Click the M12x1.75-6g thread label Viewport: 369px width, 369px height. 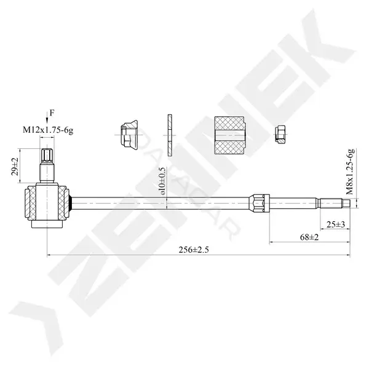click(x=48, y=130)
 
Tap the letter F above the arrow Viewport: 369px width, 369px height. click(x=52, y=113)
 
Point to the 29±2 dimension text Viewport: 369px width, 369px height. click(x=15, y=167)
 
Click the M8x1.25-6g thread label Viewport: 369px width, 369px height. click(x=350, y=172)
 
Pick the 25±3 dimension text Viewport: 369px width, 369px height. click(x=336, y=224)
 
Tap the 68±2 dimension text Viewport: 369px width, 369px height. click(x=309, y=237)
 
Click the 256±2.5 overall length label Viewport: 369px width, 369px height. click(x=194, y=250)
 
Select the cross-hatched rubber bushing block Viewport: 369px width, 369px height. click(x=229, y=135)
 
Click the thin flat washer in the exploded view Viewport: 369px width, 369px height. click(x=170, y=135)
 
